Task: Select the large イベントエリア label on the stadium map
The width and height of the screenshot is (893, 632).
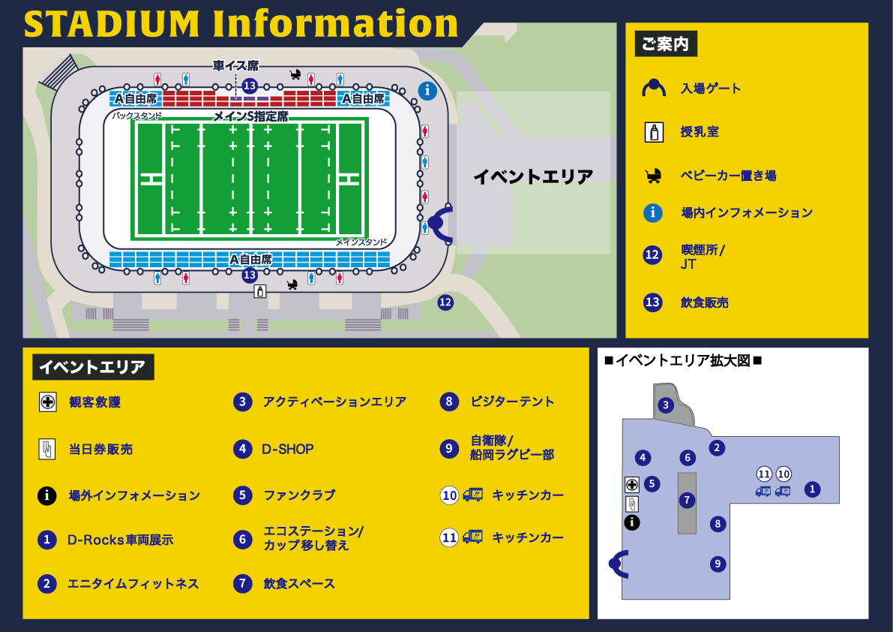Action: [533, 177]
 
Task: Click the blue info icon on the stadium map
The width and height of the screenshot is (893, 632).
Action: [427, 91]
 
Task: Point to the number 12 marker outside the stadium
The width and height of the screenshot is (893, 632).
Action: [445, 302]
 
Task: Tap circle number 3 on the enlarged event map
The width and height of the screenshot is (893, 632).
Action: [665, 406]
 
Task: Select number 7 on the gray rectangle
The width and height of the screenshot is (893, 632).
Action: [687, 500]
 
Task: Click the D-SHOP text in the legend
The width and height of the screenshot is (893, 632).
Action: [288, 449]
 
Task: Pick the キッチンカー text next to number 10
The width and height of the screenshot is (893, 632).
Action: [528, 495]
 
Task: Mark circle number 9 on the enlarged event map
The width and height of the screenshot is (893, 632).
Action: [718, 564]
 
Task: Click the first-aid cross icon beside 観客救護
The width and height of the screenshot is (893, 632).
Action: [47, 402]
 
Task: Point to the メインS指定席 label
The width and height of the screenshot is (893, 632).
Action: [250, 116]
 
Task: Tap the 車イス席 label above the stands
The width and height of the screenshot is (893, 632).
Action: [235, 66]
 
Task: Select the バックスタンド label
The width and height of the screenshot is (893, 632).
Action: [137, 116]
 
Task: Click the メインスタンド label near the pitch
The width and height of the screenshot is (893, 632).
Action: [361, 242]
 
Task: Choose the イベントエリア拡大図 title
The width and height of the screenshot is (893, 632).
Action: [682, 361]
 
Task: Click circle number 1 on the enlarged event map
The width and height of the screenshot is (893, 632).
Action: [811, 489]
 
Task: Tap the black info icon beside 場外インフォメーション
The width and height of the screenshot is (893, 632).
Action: [47, 495]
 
